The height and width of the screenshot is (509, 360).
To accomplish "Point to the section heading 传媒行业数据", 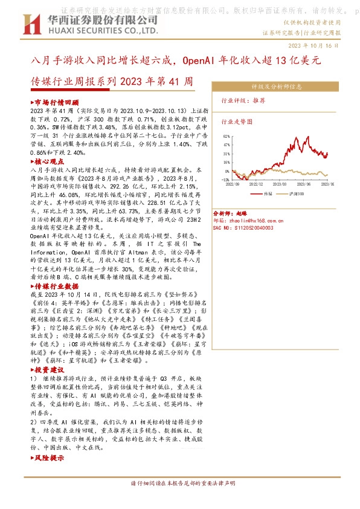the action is click(56, 285).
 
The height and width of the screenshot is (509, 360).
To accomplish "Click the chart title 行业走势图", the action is click(234, 122).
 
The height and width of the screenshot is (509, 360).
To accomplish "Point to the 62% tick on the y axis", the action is click(225, 137).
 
